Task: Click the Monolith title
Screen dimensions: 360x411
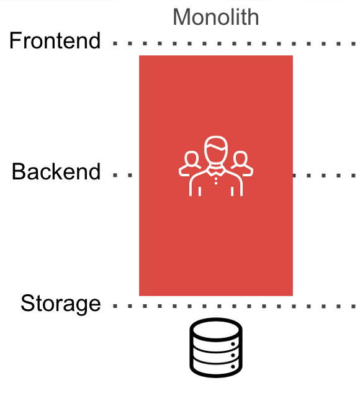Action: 215,17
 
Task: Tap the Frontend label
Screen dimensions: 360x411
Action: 55,40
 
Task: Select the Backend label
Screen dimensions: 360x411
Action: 56,171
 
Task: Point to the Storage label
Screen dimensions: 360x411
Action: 61,304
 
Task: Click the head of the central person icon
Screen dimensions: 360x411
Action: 216,150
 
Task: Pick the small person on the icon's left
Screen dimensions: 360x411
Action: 190,163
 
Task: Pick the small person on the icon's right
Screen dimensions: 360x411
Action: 241,163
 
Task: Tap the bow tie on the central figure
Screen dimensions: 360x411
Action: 216,172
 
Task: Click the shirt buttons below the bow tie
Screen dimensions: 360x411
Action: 216,181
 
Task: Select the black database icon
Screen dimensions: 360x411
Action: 216,348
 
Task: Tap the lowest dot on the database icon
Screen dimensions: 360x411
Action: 233,367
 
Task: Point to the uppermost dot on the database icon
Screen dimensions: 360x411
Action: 233,344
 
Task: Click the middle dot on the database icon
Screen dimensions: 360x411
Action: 233,355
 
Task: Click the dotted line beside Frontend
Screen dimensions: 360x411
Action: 234,44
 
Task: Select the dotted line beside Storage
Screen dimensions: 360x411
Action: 234,306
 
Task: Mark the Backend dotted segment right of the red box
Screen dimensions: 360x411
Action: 324,175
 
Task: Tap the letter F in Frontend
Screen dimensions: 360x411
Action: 15,40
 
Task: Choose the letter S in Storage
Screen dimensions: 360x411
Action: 27,303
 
